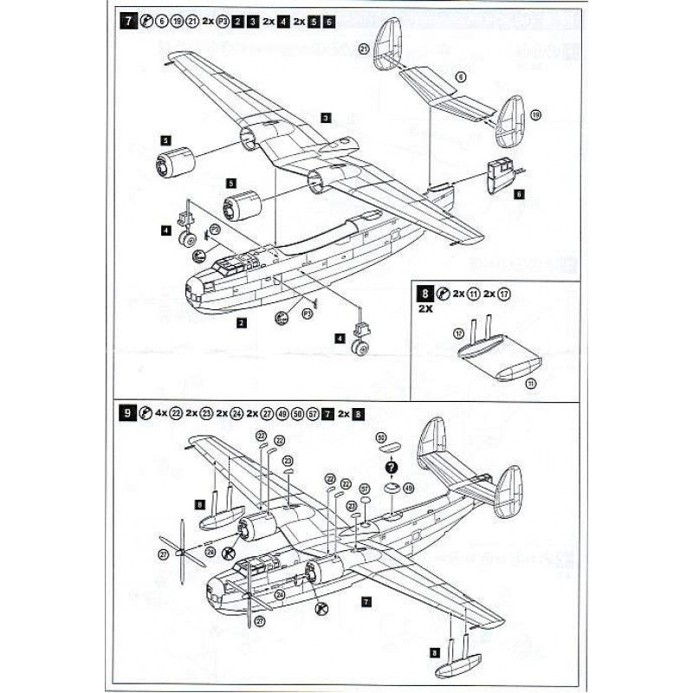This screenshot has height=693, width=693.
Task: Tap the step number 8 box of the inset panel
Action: click(x=424, y=293)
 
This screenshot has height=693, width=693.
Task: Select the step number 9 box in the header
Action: click(x=127, y=414)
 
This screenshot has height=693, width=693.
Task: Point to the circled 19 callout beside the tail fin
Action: click(x=535, y=115)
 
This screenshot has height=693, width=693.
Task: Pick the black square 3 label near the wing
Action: click(x=324, y=117)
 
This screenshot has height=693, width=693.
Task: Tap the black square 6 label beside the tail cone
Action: click(x=519, y=195)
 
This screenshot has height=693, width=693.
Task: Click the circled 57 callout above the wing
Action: click(x=365, y=489)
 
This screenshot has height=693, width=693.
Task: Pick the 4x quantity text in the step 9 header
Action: click(x=160, y=414)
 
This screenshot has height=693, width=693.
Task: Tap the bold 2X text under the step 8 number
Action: click(x=424, y=308)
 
